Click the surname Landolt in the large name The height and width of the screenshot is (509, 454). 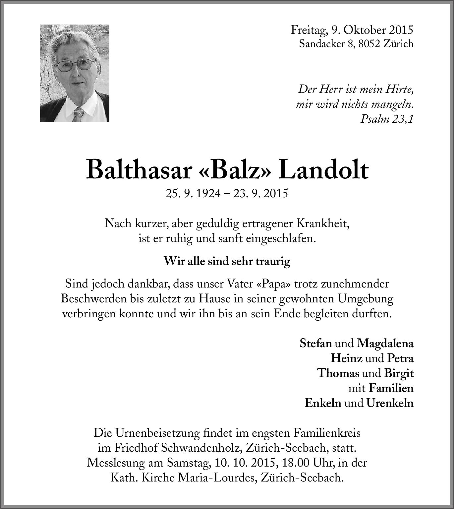coord(324,170)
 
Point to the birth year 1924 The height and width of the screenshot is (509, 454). coord(208,193)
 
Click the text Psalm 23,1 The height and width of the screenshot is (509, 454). coord(387,119)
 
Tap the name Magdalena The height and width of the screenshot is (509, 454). coord(385,343)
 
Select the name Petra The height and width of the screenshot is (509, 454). coord(400,358)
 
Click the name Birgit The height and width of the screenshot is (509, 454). coord(399,373)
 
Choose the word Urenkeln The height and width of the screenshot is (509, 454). coord(390,403)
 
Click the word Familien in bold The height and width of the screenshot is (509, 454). coord(391,388)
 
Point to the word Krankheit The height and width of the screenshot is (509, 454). coord(323,223)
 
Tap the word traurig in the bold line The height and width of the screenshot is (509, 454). coord(273,261)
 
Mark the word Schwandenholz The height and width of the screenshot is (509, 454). coord(203,448)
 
